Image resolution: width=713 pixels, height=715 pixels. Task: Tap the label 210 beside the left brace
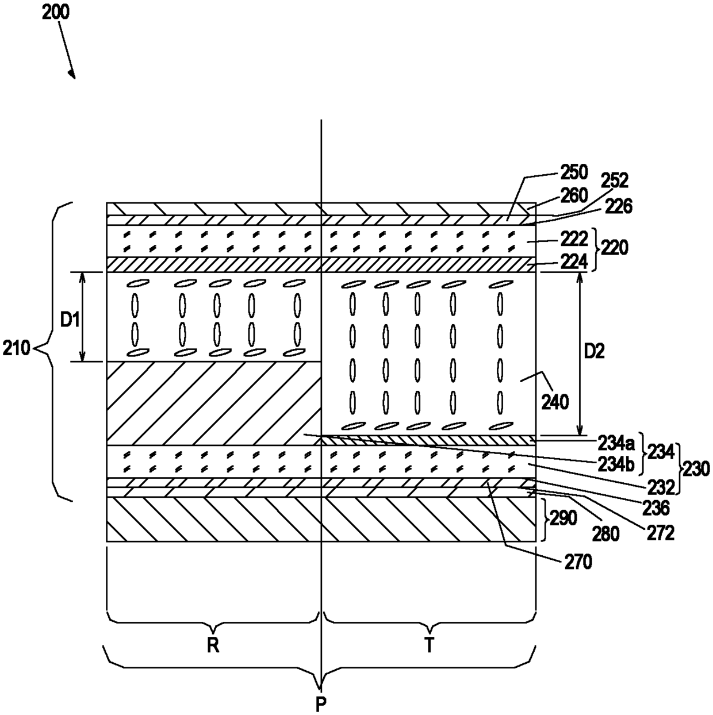16,348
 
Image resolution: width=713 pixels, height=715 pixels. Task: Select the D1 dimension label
70,320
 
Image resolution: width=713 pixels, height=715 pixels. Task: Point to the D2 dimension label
594,351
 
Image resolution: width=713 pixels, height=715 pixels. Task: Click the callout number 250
574,172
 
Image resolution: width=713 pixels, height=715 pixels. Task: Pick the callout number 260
574,195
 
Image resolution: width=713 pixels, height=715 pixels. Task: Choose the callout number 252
614,180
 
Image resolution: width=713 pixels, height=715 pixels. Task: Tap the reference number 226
618,206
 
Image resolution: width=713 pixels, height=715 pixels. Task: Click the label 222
574,239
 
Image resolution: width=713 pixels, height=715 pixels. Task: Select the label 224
574,262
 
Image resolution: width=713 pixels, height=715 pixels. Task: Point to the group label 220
615,248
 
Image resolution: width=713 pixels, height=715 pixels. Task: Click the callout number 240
555,402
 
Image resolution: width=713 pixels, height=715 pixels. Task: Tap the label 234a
616,443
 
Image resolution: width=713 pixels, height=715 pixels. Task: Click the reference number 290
563,518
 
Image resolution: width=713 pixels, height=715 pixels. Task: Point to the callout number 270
578,563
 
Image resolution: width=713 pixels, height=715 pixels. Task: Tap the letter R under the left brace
213,646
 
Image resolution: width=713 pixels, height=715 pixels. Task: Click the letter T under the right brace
430,646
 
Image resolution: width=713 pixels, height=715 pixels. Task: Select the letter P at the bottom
321,703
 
